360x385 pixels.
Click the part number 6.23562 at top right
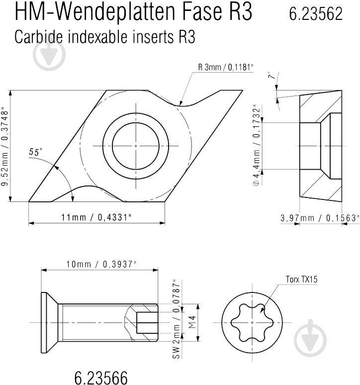tap(316, 14)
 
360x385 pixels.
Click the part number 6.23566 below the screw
tap(101, 377)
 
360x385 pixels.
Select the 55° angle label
tap(35, 152)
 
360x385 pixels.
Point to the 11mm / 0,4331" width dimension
tap(96, 217)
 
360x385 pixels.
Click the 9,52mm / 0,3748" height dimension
tap(4, 146)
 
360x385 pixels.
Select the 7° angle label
tap(271, 77)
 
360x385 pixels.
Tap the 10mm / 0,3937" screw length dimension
tap(101, 265)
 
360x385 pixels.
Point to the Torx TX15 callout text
tap(301, 279)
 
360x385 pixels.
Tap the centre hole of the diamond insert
tap(136, 145)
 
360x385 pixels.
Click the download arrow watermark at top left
tap(49, 53)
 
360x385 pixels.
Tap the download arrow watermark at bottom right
tap(311, 338)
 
